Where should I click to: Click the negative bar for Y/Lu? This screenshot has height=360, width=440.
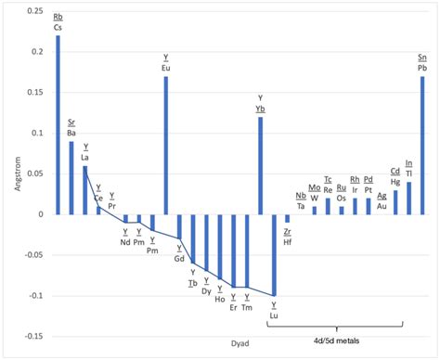click(x=274, y=255)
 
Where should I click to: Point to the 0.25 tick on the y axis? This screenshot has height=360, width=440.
click(x=34, y=11)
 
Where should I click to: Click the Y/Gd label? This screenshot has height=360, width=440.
click(x=179, y=253)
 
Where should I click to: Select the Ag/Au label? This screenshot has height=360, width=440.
click(x=382, y=201)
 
